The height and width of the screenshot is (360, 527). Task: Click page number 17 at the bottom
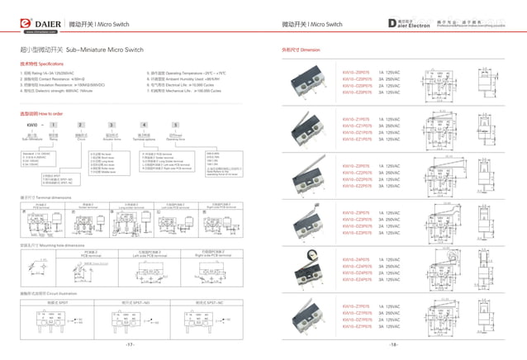point(130,344)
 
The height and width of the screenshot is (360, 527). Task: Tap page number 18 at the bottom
point(394,344)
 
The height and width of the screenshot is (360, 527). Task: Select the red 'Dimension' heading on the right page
point(301,50)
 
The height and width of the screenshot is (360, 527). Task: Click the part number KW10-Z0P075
point(356,73)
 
